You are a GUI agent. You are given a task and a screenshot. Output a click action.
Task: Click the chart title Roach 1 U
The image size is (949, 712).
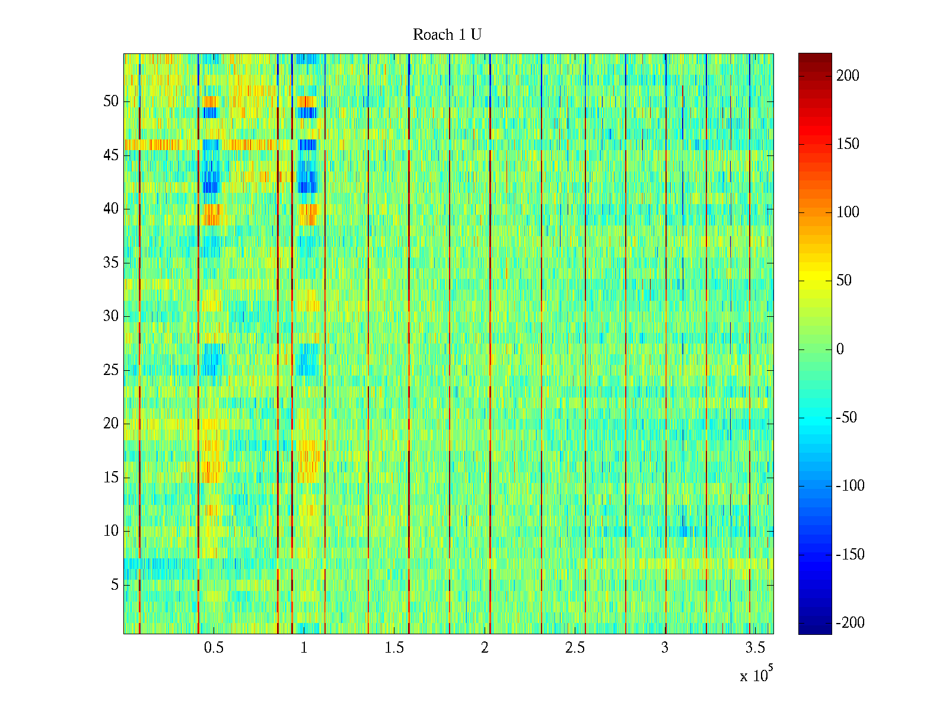pyautogui.click(x=447, y=35)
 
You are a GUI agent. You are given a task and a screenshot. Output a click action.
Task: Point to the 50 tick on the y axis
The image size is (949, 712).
pyautogui.click(x=111, y=101)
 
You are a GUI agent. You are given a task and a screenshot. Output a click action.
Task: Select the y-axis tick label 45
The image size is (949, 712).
pyautogui.click(x=111, y=155)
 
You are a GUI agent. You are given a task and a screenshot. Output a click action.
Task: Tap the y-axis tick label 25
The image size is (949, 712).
pyautogui.click(x=111, y=370)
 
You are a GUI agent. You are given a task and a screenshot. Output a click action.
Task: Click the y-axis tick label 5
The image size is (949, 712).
pyautogui.click(x=114, y=585)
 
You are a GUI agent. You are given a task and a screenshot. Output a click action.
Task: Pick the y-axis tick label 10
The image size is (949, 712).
pyautogui.click(x=111, y=531)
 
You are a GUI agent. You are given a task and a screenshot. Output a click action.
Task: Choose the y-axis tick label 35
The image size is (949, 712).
pyautogui.click(x=111, y=263)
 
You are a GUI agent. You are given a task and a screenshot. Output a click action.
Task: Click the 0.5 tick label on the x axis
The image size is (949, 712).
pyautogui.click(x=214, y=648)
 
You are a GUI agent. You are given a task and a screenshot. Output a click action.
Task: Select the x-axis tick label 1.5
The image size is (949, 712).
pyautogui.click(x=394, y=648)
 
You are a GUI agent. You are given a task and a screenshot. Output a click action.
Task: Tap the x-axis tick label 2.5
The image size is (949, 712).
pyautogui.click(x=575, y=648)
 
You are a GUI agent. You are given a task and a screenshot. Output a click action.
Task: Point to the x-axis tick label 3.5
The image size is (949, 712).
pyautogui.click(x=755, y=648)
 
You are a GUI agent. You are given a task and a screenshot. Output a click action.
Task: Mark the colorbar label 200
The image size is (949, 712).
pyautogui.click(x=848, y=76)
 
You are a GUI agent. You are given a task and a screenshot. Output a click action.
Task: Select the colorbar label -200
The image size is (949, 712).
pyautogui.click(x=850, y=623)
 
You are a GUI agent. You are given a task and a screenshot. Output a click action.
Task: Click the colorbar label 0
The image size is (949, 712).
pyautogui.click(x=840, y=349)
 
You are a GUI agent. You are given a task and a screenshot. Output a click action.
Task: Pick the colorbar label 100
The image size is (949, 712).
pyautogui.click(x=848, y=212)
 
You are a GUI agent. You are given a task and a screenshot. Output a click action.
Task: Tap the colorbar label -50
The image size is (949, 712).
pyautogui.click(x=846, y=418)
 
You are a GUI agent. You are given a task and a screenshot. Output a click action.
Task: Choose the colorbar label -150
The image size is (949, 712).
pyautogui.click(x=850, y=555)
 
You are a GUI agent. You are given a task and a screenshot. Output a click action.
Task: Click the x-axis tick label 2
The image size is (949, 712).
pyautogui.click(x=485, y=648)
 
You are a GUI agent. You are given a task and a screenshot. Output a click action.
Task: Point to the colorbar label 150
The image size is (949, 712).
pyautogui.click(x=848, y=144)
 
